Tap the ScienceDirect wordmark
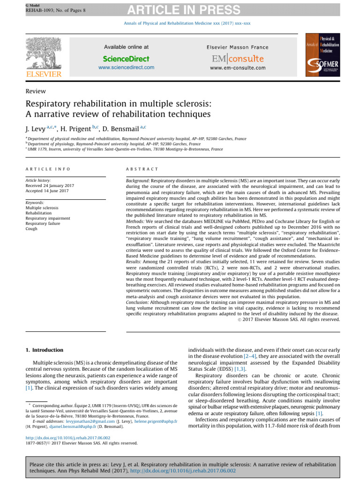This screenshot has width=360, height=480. (x=126, y=59)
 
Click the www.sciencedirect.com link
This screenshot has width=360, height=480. (x=126, y=67)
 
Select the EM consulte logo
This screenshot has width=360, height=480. (x=237, y=59)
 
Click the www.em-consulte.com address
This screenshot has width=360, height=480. (x=237, y=68)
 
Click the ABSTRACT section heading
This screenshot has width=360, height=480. (x=142, y=169)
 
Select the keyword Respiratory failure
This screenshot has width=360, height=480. (x=45, y=224)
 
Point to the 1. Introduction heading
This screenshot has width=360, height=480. (x=44, y=350)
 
